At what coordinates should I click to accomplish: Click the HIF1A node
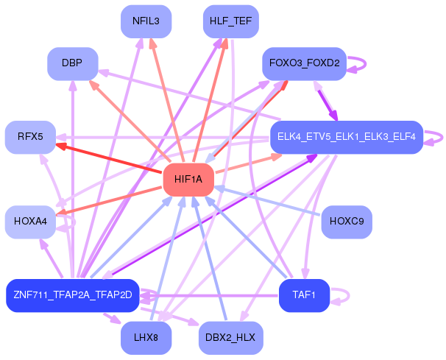pyautogui.click(x=188, y=180)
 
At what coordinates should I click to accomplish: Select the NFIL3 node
pyautogui.click(x=146, y=21)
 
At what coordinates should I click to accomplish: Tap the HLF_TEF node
pyautogui.click(x=230, y=21)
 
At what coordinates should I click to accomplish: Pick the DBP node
pyautogui.click(x=73, y=64)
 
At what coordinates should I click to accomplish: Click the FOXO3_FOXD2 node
pyautogui.click(x=304, y=64)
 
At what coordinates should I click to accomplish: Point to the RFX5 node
pyautogui.click(x=30, y=137)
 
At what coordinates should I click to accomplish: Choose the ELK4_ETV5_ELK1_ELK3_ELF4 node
pyautogui.click(x=347, y=137)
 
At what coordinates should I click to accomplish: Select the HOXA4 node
pyautogui.click(x=30, y=222)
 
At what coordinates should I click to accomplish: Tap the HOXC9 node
pyautogui.click(x=347, y=222)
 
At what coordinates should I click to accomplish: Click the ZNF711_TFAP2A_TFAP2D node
pyautogui.click(x=73, y=295)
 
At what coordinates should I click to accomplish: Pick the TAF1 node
pyautogui.click(x=304, y=295)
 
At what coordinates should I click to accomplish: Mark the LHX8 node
pyautogui.click(x=146, y=338)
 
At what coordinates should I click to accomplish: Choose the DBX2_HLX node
pyautogui.click(x=230, y=338)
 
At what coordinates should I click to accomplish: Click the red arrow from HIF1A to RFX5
pyautogui.click(x=108, y=158)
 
